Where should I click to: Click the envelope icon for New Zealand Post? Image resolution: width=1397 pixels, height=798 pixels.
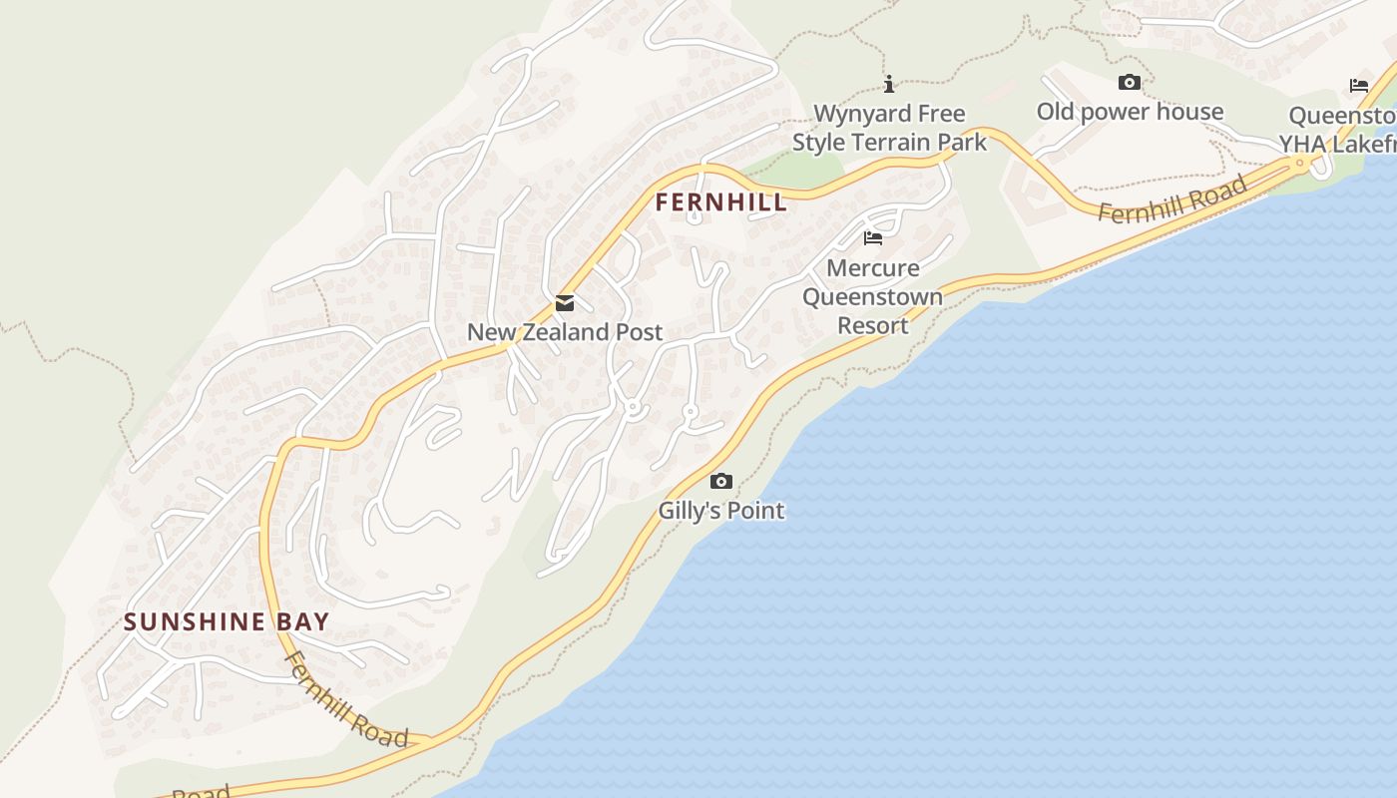tap(565, 303)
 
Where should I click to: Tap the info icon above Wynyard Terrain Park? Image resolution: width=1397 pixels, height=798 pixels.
tap(889, 85)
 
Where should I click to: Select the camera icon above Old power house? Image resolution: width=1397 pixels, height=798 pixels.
tap(1130, 83)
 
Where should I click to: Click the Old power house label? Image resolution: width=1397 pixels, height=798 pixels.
tap(1130, 112)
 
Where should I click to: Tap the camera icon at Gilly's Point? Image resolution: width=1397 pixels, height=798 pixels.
tap(720, 482)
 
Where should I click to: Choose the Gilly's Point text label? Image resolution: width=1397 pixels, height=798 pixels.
tap(720, 511)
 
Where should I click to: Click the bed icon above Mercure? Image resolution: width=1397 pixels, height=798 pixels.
tap(873, 238)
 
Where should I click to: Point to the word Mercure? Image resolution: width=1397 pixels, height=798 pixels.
tap(873, 268)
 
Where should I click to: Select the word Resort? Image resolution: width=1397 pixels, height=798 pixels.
tap(873, 325)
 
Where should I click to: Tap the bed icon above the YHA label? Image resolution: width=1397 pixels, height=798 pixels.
tap(1359, 86)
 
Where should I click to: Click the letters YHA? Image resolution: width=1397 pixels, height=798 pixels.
tap(1301, 145)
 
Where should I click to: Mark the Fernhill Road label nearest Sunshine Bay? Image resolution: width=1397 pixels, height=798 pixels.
tap(346, 699)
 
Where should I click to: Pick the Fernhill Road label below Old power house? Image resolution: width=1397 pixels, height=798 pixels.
tap(1173, 199)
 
